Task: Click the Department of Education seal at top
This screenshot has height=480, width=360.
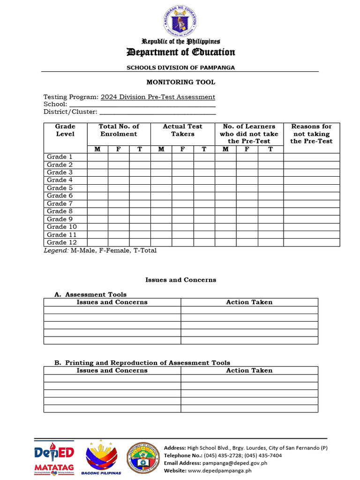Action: (x=180, y=22)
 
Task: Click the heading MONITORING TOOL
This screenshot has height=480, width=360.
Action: (x=180, y=82)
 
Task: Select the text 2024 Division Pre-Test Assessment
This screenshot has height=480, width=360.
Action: (x=158, y=97)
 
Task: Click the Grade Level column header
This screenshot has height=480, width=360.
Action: (x=65, y=130)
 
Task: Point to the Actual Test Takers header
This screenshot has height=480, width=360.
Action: (x=182, y=130)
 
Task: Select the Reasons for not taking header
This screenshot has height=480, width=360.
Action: (x=311, y=134)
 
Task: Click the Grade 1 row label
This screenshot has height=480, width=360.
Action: (x=60, y=157)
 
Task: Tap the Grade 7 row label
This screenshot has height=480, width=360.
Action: (x=60, y=203)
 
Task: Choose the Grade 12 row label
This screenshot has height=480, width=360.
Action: (x=61, y=242)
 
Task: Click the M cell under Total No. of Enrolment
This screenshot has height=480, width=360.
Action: (x=97, y=149)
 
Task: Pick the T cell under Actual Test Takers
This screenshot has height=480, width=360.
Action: (x=204, y=149)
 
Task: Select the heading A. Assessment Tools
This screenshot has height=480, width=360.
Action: (x=90, y=294)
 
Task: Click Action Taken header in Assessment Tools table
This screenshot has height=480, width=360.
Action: (x=249, y=302)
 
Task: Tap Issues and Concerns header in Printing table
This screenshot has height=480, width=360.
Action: (x=112, y=370)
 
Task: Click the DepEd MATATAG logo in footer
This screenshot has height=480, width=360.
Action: (x=54, y=458)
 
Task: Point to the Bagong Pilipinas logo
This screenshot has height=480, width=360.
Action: (x=102, y=457)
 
